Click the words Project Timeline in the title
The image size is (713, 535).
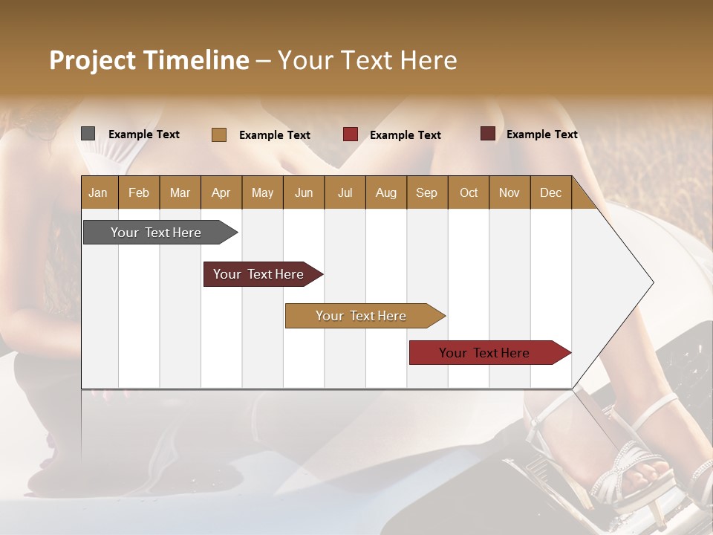(x=149, y=60)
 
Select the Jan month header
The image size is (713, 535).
(x=98, y=192)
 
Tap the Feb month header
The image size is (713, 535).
(x=139, y=192)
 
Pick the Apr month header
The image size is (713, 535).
(x=221, y=192)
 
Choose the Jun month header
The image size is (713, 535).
(x=304, y=192)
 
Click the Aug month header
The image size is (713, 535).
(x=385, y=192)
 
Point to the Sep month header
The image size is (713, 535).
(x=426, y=192)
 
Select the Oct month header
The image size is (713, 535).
(x=469, y=192)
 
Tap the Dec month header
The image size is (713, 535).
(x=550, y=192)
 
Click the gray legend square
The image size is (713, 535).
(x=88, y=134)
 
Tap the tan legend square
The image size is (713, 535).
(x=219, y=134)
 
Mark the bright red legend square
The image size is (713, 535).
(x=351, y=134)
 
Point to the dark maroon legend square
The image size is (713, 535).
(x=487, y=134)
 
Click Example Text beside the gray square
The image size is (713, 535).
(x=144, y=134)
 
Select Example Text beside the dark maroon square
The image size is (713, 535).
(x=542, y=134)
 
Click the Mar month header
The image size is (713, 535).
(x=180, y=192)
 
